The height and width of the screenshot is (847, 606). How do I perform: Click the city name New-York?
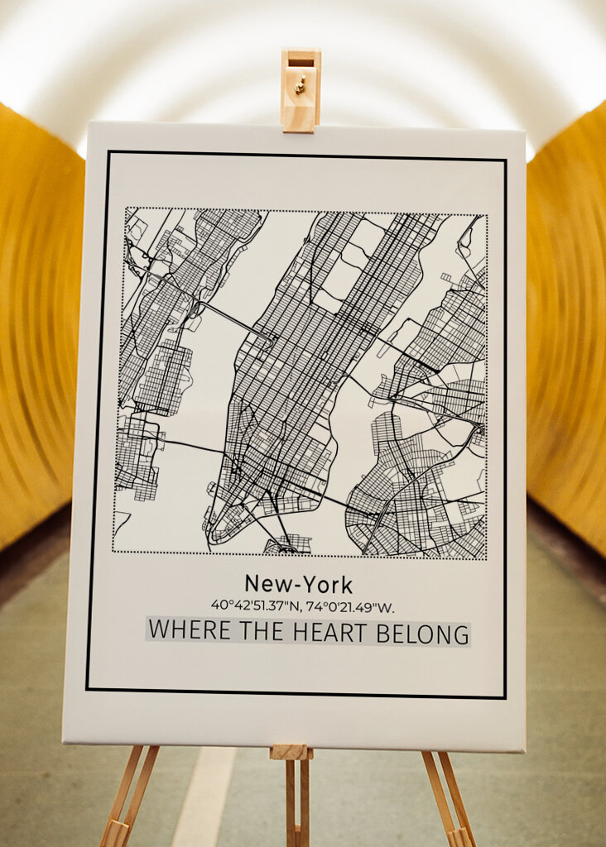pos(298,585)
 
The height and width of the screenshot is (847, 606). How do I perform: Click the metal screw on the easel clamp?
pos(302,82)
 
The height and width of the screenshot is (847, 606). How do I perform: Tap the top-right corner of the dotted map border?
pos(487,216)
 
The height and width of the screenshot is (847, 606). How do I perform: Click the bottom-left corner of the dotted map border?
pos(113,552)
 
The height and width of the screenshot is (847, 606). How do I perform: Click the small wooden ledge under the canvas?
pos(291,752)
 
